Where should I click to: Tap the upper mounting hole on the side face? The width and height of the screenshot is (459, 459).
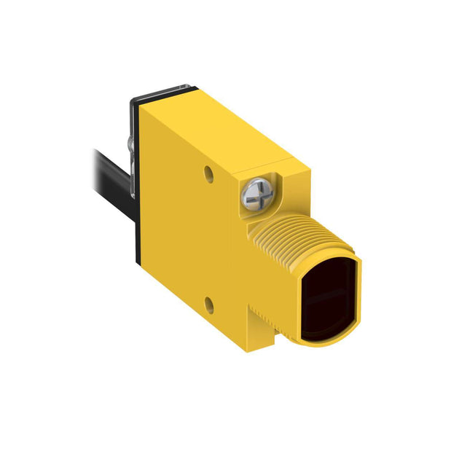[x=209, y=174]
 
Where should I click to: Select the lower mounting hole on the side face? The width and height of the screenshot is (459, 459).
[x=210, y=301]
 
